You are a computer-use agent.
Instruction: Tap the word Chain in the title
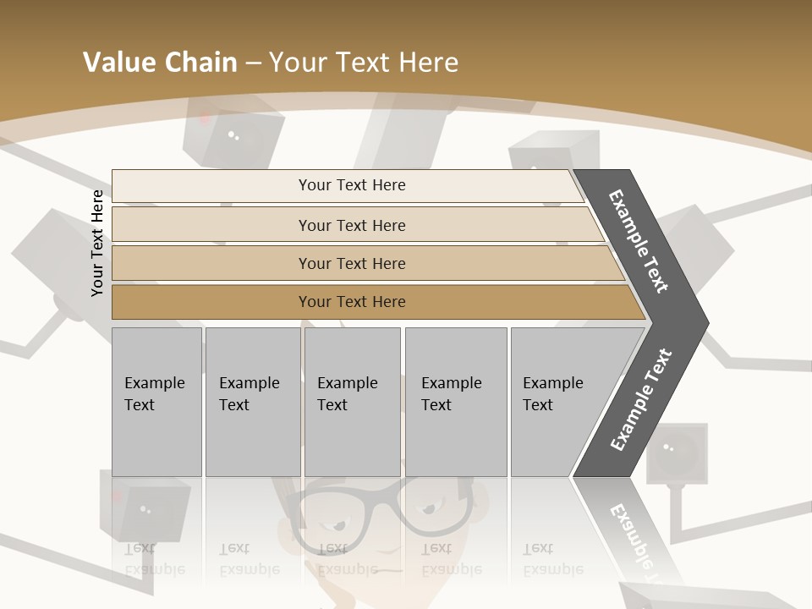[199, 63]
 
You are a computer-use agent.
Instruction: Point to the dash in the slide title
[252, 63]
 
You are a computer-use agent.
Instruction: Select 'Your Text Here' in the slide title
[364, 63]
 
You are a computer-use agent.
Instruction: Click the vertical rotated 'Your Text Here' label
[97, 243]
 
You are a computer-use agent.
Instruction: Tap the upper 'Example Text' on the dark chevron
[639, 241]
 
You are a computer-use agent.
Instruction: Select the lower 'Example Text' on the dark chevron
[641, 400]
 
